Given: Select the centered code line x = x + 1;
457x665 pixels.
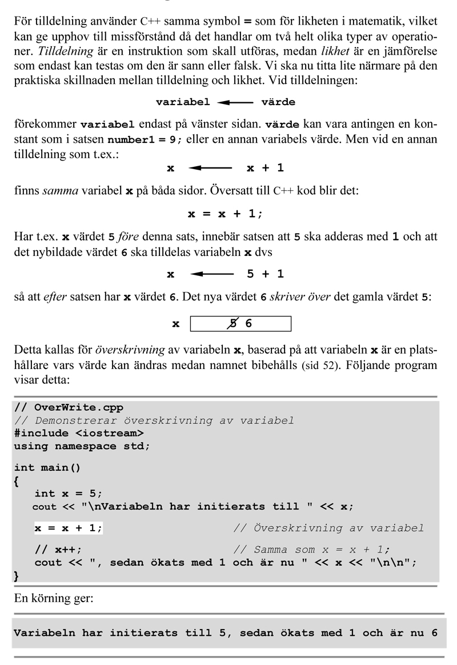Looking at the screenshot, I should pyautogui.click(x=226, y=214).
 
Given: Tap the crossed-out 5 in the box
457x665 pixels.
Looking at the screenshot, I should pyautogui.click(x=232, y=324).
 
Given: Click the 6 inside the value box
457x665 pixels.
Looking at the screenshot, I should pyautogui.click(x=248, y=324).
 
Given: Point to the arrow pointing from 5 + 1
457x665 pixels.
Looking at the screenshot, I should pyautogui.click(x=212, y=274).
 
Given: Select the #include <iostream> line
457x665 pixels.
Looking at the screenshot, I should pyautogui.click(x=79, y=433).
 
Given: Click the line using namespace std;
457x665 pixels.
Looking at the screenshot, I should pyautogui.click(x=82, y=446).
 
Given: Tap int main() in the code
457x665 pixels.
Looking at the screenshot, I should pyautogui.click(x=47, y=468).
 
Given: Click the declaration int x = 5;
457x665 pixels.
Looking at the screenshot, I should pyautogui.click(x=69, y=494).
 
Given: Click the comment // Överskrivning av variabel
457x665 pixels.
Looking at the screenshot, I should pyautogui.click(x=328, y=528).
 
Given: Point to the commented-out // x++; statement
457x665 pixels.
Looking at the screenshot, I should pyautogui.click(x=58, y=550).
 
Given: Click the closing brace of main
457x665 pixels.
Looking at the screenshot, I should pyautogui.click(x=17, y=576).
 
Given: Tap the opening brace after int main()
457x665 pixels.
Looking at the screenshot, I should pyautogui.click(x=17, y=481).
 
